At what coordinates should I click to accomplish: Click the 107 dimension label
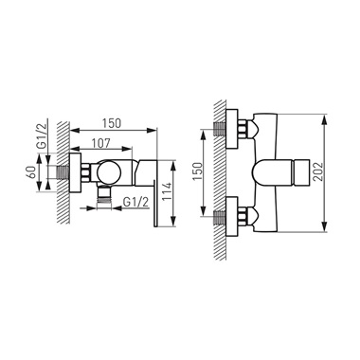[100, 143]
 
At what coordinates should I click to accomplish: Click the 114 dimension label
[167, 191]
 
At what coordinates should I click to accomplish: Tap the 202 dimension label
[318, 171]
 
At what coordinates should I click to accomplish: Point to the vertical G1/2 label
[42, 135]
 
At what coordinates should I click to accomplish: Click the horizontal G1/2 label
[135, 202]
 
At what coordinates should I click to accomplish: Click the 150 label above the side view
[111, 123]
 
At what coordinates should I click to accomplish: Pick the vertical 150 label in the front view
[197, 171]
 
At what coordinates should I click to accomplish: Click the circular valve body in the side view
[109, 172]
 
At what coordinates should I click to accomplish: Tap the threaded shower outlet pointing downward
[104, 197]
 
